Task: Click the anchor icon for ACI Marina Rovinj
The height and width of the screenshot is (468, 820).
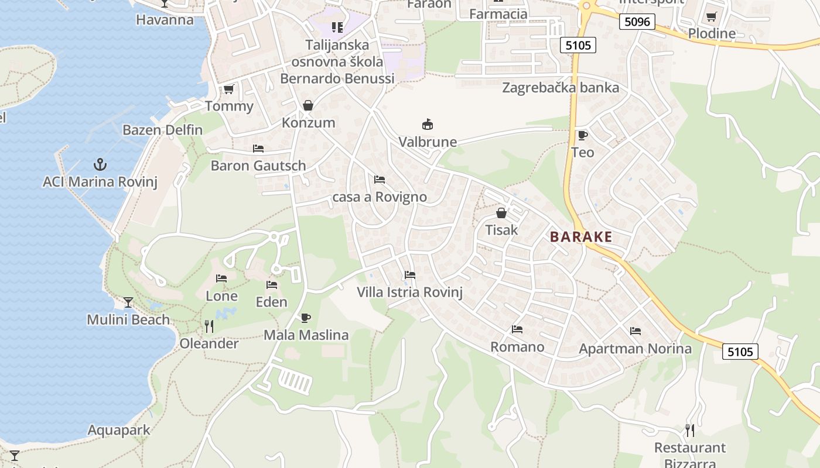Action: (x=100, y=164)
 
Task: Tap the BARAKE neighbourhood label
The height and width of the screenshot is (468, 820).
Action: (x=581, y=237)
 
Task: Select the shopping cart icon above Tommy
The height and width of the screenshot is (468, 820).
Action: (x=228, y=89)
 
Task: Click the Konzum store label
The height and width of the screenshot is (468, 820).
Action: (x=309, y=123)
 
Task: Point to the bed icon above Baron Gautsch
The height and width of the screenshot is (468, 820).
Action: (x=258, y=149)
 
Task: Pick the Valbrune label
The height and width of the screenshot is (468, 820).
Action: (x=428, y=142)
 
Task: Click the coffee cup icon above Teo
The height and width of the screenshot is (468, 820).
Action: (x=582, y=136)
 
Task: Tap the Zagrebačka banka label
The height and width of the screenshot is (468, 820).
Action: (x=561, y=88)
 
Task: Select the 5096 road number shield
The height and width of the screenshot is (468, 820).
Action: (x=637, y=22)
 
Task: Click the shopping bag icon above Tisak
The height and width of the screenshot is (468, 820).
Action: (x=501, y=213)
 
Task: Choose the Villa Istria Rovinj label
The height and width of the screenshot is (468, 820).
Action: (x=410, y=292)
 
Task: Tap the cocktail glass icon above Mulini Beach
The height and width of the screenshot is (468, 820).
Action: (x=128, y=302)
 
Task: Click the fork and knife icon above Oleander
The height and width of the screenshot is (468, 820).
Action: (x=209, y=326)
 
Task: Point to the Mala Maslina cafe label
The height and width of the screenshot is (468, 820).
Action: (x=306, y=335)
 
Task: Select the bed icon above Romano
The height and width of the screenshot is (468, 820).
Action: (x=517, y=329)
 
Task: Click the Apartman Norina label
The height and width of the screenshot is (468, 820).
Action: (x=635, y=349)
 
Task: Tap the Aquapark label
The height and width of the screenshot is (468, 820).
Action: (x=119, y=431)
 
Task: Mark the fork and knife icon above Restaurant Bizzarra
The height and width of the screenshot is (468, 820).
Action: (x=690, y=431)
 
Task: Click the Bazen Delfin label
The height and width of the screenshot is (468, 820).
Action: (x=162, y=130)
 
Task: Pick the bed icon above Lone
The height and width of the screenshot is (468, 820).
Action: (x=221, y=278)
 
